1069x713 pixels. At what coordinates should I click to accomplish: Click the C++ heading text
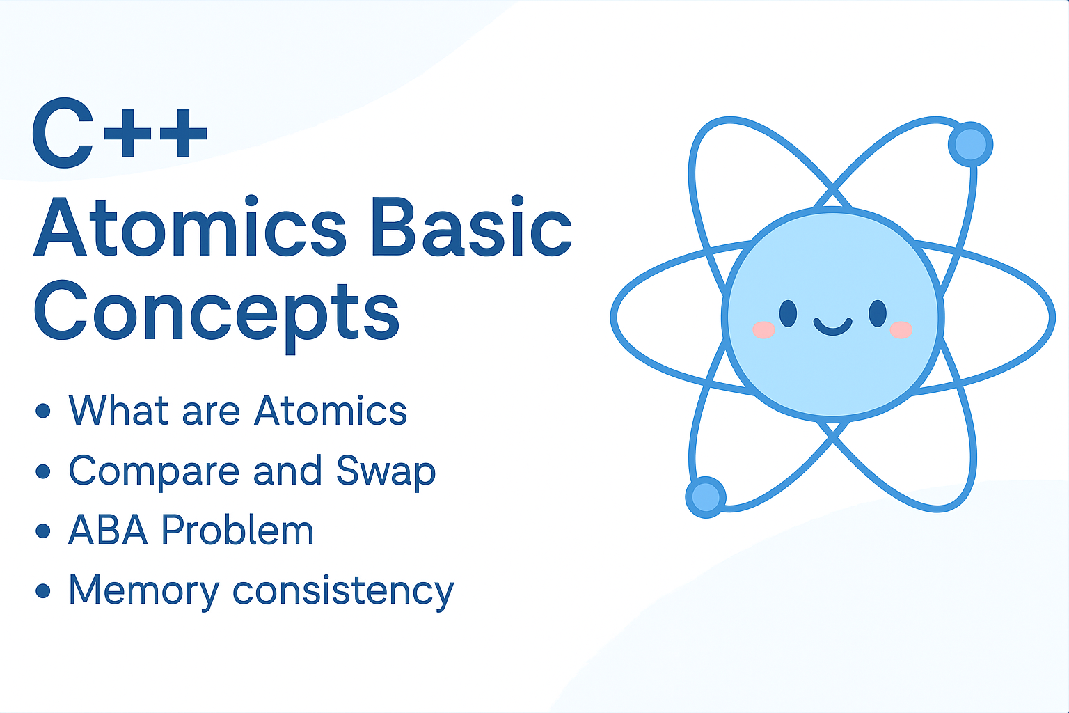(120, 133)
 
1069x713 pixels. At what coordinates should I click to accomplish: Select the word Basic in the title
(471, 226)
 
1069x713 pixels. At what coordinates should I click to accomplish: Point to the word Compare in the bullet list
(154, 471)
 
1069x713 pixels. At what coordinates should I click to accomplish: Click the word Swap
(386, 471)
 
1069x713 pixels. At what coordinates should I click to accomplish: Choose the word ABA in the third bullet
(108, 530)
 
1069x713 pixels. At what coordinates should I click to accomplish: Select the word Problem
(237, 530)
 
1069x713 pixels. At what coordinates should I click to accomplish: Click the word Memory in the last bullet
(144, 591)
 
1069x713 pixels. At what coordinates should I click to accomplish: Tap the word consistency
(343, 591)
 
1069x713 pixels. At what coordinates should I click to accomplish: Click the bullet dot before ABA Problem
(43, 531)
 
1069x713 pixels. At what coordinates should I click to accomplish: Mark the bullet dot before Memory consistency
(43, 590)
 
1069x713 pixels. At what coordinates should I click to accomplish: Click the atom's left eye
(788, 314)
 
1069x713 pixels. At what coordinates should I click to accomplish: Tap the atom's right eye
(878, 314)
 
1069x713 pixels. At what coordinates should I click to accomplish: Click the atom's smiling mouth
(833, 328)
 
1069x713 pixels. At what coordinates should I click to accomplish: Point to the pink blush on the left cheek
(763, 330)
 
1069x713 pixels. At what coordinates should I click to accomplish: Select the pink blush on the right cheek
(901, 330)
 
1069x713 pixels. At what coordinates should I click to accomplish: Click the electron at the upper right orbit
(971, 144)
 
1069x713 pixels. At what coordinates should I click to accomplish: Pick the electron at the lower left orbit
(706, 496)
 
